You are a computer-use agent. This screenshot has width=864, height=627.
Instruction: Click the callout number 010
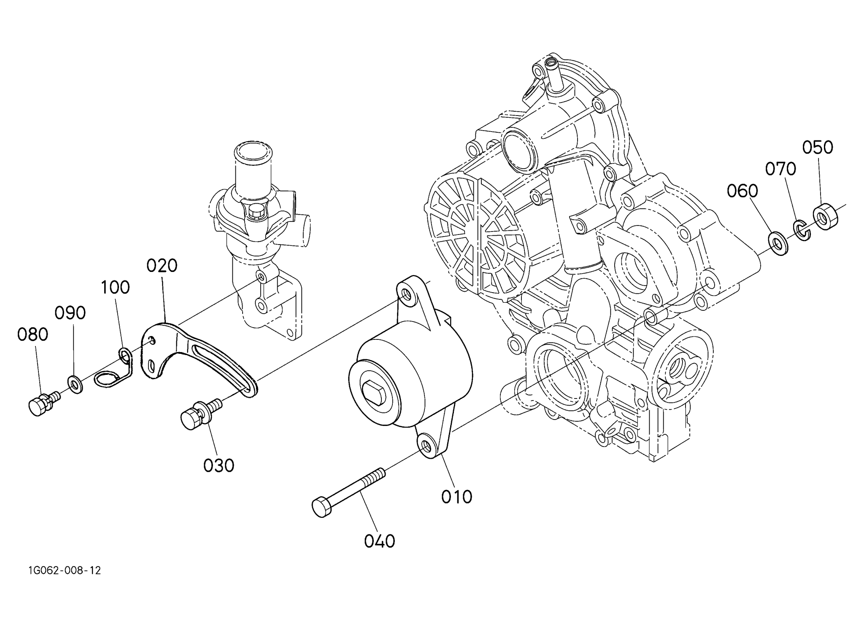pyautogui.click(x=456, y=497)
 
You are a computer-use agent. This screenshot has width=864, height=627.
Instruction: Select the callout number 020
pyautogui.click(x=162, y=266)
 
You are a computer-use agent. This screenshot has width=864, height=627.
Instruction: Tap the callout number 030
pyautogui.click(x=219, y=466)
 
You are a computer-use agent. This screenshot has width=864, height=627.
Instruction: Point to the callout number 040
pyautogui.click(x=379, y=541)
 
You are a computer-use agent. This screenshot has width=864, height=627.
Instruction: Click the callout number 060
pyautogui.click(x=742, y=191)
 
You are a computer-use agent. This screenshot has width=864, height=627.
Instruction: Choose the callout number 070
pyautogui.click(x=781, y=169)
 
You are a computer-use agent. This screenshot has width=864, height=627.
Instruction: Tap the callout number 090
pyautogui.click(x=70, y=313)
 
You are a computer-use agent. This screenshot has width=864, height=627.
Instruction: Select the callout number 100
pyautogui.click(x=115, y=288)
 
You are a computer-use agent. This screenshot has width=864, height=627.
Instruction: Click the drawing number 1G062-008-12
pyautogui.click(x=65, y=570)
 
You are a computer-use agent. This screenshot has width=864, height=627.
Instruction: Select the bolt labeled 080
pyautogui.click(x=43, y=403)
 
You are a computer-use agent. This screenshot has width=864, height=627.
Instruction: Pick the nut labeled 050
pyautogui.click(x=825, y=216)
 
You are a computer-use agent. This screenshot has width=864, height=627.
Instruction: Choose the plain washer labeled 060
pyautogui.click(x=779, y=243)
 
